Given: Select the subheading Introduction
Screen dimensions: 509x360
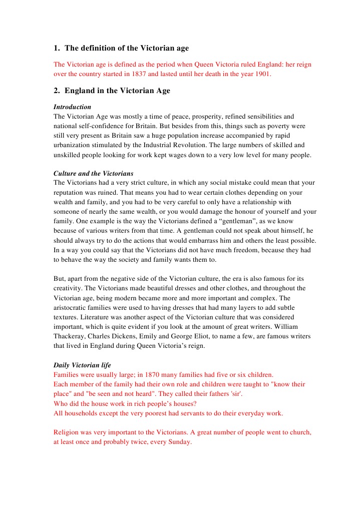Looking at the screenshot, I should coord(72,107).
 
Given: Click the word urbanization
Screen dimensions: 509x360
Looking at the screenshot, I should coord(72,145).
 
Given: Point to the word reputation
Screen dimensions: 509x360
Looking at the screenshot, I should coord(70,193).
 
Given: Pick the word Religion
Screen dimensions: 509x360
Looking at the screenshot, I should coord(68,432).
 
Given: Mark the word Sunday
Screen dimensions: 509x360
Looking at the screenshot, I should coord(180,442).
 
